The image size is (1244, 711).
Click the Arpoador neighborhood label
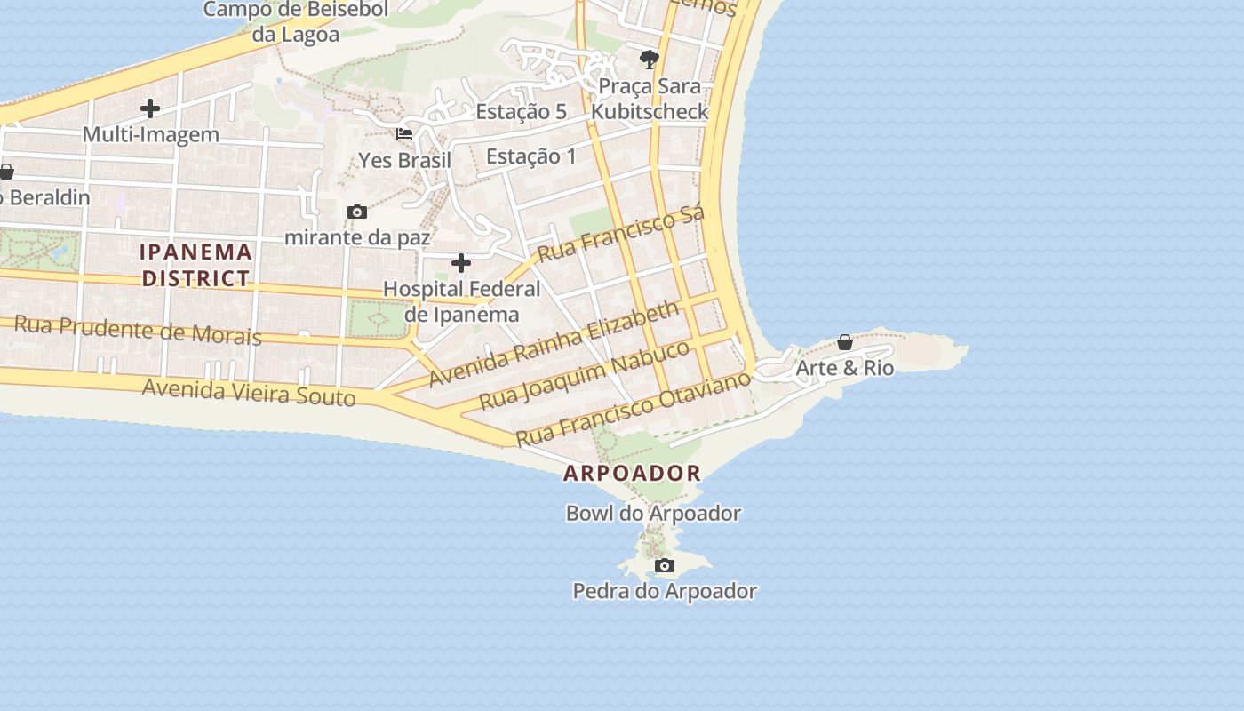632,473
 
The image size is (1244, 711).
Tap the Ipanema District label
196,265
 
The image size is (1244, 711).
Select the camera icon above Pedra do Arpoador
664,566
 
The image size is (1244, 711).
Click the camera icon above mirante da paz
357,212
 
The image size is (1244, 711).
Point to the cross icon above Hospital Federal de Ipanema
461,263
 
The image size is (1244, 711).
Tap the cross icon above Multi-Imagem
150,109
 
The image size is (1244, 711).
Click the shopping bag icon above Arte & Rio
845,342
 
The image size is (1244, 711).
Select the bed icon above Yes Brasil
404,134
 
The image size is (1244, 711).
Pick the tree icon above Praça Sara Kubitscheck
650,60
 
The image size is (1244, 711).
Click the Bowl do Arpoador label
653,514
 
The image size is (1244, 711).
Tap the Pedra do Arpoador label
665,591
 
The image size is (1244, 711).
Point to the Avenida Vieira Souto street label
249,391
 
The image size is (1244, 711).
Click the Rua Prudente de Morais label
138,330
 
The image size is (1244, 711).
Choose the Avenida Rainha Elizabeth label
554,344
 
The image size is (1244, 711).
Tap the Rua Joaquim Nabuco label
585,374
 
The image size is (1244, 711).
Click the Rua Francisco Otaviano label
634,410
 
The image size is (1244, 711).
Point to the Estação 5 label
521,112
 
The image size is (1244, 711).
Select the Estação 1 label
531,157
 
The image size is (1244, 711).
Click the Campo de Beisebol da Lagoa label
296,22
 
